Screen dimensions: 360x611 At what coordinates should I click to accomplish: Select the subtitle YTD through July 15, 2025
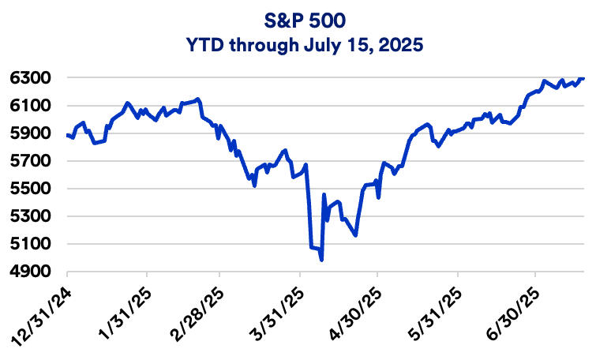(x=305, y=45)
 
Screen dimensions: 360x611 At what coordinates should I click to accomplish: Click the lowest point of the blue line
(x=322, y=260)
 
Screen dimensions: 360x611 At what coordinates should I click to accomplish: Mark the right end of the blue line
(x=584, y=78)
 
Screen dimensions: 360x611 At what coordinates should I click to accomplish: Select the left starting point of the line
(x=68, y=135)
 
